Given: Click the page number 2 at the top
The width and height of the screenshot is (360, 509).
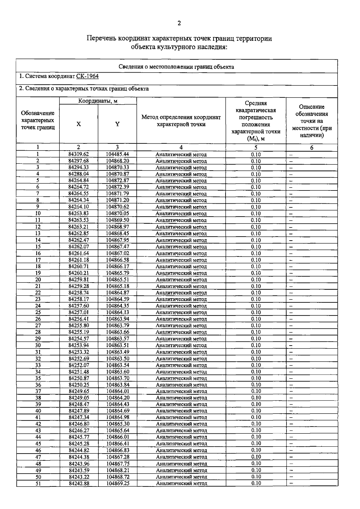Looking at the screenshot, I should pyautogui.click(x=179, y=23).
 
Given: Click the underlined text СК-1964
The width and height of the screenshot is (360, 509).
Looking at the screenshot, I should pyautogui.click(x=87, y=76).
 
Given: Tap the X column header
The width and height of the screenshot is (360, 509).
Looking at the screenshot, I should pyautogui.click(x=79, y=124).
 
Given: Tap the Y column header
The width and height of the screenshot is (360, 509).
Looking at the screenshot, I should pyautogui.click(x=117, y=124).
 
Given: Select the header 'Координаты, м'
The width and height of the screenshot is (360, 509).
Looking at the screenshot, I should pyautogui.click(x=98, y=101).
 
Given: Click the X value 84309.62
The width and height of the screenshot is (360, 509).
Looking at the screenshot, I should pyautogui.click(x=79, y=154).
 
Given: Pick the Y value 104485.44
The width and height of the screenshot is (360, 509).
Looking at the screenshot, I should pyautogui.click(x=117, y=154).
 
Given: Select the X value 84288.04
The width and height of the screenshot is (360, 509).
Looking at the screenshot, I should pyautogui.click(x=79, y=174).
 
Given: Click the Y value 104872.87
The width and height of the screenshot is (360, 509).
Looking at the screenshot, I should pyautogui.click(x=117, y=180).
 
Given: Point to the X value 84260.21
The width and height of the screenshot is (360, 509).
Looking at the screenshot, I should pyautogui.click(x=79, y=273).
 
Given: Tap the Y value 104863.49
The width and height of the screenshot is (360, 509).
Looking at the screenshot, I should pyautogui.click(x=118, y=352).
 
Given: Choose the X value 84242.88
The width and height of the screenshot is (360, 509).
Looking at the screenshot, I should pyautogui.click(x=79, y=483).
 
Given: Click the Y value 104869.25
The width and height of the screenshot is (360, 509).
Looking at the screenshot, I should pyautogui.click(x=118, y=483).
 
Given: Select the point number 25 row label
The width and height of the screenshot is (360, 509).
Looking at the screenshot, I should pyautogui.click(x=38, y=312).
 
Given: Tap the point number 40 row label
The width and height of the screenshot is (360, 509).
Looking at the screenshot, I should pyautogui.click(x=38, y=411).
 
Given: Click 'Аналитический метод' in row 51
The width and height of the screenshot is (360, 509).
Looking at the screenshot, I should pyautogui.click(x=181, y=483).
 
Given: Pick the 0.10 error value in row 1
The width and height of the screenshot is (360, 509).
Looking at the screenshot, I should pyautogui.click(x=256, y=154).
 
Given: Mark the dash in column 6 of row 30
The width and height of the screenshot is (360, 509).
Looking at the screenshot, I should pyautogui.click(x=291, y=346).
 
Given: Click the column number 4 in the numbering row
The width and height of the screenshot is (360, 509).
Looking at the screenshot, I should pyautogui.click(x=181, y=147).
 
